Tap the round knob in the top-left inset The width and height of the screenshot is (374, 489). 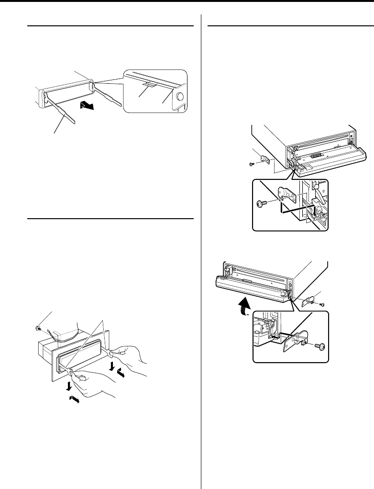pos(180,99)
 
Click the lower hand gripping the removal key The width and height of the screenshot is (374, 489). pos(96,383)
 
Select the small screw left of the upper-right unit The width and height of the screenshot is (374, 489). pos(252,164)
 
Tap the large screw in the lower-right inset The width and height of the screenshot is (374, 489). pos(319,346)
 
